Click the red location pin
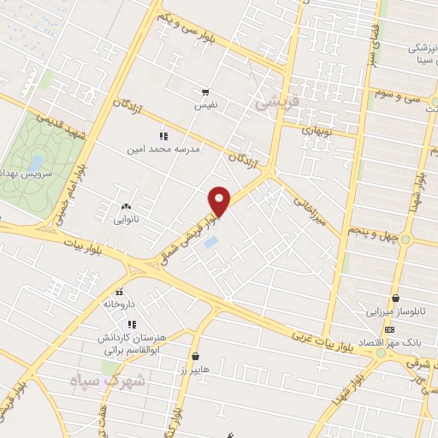tap(220, 201)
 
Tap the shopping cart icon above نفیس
tap(204, 92)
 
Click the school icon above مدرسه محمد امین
tap(163, 136)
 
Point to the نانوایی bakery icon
tap(127, 206)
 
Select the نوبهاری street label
tap(319, 131)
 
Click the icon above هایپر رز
tap(196, 356)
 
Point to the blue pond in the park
tap(36, 161)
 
